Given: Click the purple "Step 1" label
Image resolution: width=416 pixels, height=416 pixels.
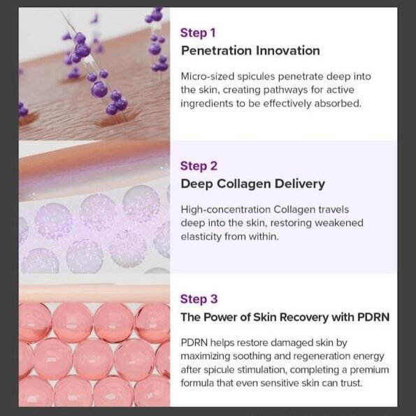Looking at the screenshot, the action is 198,33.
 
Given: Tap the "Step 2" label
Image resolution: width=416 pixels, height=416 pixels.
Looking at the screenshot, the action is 199,166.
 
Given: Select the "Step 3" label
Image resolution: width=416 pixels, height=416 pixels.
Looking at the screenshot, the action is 199,299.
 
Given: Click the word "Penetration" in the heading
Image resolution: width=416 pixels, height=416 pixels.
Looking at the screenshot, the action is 216,50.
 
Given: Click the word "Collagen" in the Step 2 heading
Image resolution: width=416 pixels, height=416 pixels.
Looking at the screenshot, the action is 244,184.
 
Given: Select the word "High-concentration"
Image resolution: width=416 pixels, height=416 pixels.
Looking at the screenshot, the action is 226,210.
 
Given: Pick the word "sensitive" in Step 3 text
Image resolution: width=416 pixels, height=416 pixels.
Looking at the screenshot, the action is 280,383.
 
